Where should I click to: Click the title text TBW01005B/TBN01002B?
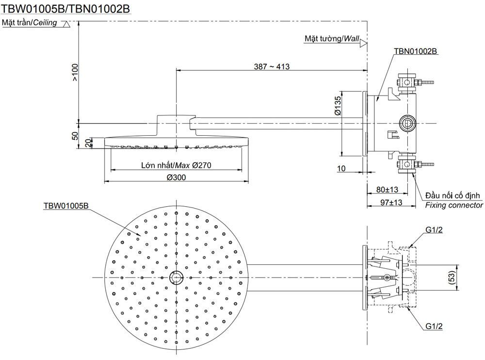(66, 9)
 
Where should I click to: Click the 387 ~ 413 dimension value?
(272, 66)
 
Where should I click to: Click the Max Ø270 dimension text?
(176, 165)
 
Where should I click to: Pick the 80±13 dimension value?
(388, 190)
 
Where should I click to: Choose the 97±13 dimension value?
(391, 202)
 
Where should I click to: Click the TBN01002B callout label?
(416, 50)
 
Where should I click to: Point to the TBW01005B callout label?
(66, 205)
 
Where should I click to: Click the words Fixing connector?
(454, 205)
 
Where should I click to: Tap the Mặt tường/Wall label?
(331, 38)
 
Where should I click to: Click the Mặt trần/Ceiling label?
(30, 23)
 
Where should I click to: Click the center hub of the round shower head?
(176, 278)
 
